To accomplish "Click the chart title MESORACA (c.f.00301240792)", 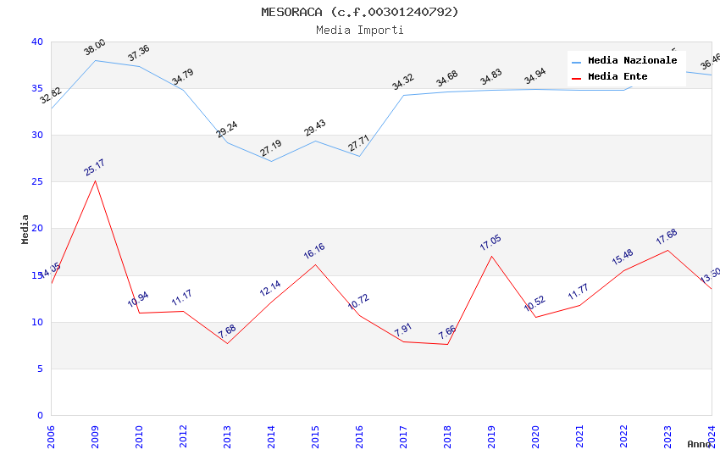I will point(360,12).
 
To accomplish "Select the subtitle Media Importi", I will point(360,30).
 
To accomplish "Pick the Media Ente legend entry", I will point(618,77).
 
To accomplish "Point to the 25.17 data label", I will point(94,167).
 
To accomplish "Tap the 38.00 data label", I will point(94,47).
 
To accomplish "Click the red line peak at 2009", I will point(95,180).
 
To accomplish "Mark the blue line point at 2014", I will point(271,161).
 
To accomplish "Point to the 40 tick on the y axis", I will point(37,42).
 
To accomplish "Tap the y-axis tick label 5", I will point(40,369).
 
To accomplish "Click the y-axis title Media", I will point(25,229).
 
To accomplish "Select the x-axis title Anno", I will point(699,444).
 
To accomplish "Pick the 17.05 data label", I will point(490,243).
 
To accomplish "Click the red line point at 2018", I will point(447,344).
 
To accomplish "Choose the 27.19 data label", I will point(271,149).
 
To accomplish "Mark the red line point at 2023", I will point(667,250).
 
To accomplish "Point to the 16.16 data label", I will point(314,251).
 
